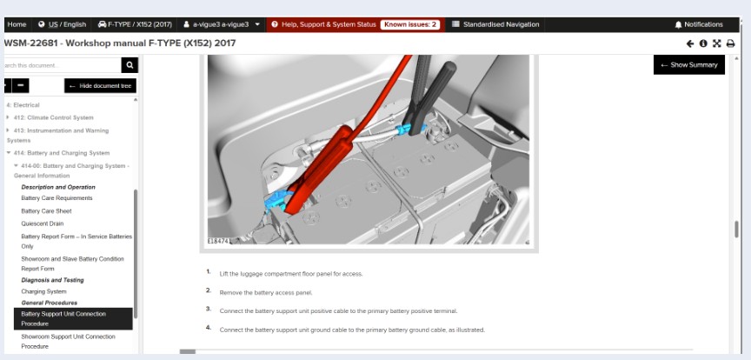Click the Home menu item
click(17, 24)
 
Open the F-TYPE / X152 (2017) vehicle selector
click(135, 24)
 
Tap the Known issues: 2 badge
click(410, 24)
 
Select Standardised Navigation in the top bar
click(495, 24)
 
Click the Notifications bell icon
click(678, 24)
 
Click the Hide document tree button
click(100, 86)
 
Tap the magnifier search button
click(130, 65)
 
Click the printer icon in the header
click(730, 43)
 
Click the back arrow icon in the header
click(689, 43)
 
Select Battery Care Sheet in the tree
click(46, 211)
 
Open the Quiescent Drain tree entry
click(42, 223)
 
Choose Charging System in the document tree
click(43, 291)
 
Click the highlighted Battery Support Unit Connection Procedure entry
click(73, 319)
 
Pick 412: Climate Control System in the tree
click(54, 117)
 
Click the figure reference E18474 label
click(218, 241)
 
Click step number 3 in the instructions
click(209, 309)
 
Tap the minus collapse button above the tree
click(21, 86)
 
